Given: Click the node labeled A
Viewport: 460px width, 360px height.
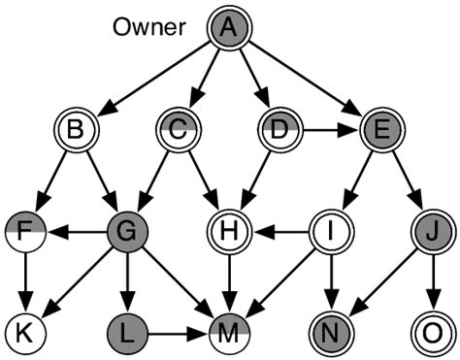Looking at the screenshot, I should tap(229, 30).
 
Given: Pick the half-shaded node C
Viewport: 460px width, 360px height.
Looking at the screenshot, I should tap(179, 130).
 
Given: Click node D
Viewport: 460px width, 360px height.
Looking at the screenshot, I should tap(279, 130).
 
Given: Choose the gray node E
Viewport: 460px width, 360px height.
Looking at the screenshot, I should tap(378, 130).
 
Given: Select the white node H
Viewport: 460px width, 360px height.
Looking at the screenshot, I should tap(229, 233).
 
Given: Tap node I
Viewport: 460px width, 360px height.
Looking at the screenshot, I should tap(328, 233).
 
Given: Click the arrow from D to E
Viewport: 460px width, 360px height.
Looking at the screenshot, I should tap(328, 130).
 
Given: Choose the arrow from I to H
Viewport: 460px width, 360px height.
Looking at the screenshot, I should tap(279, 233).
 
